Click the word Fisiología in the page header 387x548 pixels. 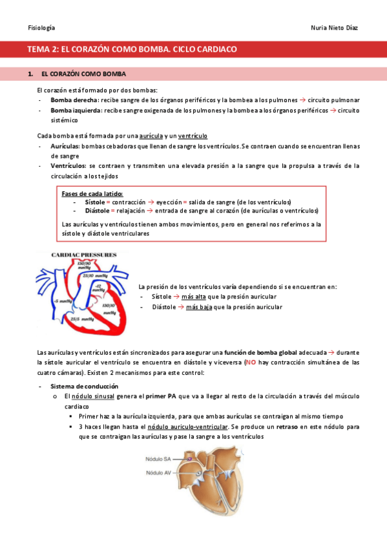41,28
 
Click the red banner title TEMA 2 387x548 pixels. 132,49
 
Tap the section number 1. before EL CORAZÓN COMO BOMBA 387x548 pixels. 32,74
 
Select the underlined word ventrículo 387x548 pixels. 192,136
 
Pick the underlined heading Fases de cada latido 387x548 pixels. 92,193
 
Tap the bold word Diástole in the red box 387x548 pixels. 98,211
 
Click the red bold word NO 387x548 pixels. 250,363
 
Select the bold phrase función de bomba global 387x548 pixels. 260,353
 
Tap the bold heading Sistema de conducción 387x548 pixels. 81,386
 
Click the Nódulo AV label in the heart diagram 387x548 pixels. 158,472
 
